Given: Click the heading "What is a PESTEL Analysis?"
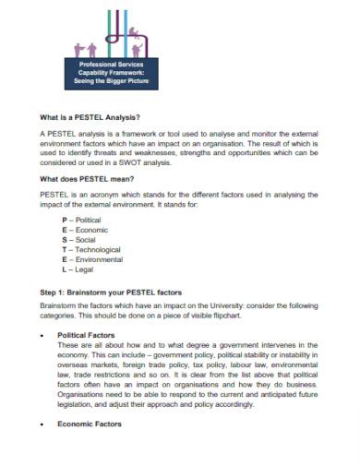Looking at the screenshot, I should [x=90, y=117].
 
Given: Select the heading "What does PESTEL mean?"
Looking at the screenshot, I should [x=87, y=178].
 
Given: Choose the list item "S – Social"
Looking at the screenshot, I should [x=78, y=240].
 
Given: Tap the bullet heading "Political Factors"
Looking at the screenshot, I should [x=88, y=335].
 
